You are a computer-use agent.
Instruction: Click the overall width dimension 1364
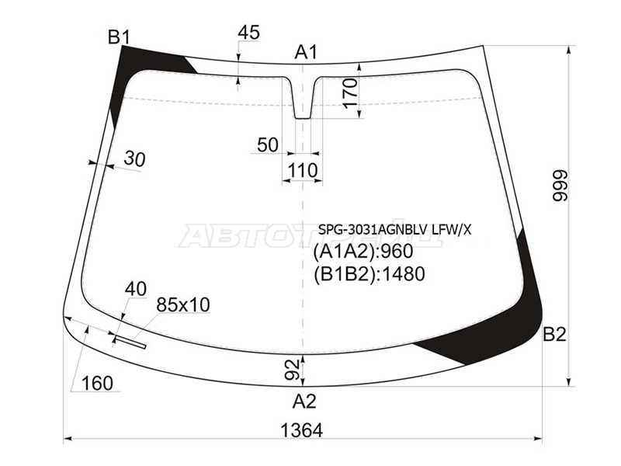(x=301, y=430)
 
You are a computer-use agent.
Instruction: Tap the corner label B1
(x=119, y=37)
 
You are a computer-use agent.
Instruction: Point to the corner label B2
(x=554, y=335)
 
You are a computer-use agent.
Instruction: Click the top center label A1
(x=306, y=52)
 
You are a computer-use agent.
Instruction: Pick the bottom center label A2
(x=304, y=402)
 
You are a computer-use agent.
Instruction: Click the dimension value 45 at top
(x=248, y=33)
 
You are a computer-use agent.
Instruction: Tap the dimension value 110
(x=302, y=170)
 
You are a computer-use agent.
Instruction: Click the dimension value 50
(x=267, y=145)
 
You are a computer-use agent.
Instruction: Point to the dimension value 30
(x=134, y=159)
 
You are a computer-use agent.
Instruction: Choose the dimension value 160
(x=97, y=383)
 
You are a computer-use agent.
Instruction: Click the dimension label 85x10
(x=183, y=304)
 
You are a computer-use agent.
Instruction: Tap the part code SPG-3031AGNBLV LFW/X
(x=394, y=229)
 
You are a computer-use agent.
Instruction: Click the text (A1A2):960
(x=362, y=252)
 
